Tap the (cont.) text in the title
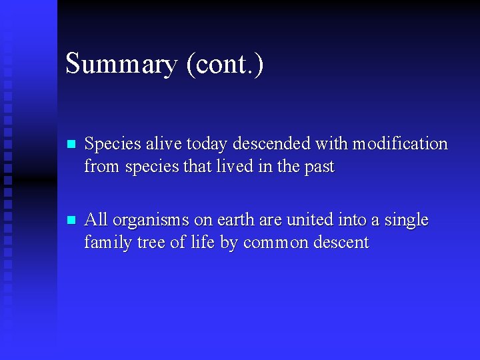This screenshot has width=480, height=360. pyautogui.click(x=225, y=65)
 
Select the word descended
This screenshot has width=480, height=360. pyautogui.click(x=272, y=144)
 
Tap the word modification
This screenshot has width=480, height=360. pyautogui.click(x=400, y=144)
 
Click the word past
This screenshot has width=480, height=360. pyautogui.click(x=319, y=167)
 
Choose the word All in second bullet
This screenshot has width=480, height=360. pyautogui.click(x=97, y=220)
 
